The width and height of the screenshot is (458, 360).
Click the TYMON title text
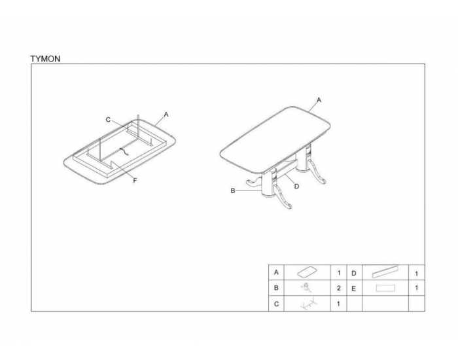coord(45,59)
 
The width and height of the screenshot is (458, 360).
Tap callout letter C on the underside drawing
coord(108,120)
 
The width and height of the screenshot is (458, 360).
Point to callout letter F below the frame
coord(135,181)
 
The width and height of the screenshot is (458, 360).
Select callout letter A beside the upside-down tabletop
coord(166,115)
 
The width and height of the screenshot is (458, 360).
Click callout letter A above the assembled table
coord(319,100)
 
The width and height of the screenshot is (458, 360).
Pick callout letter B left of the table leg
coord(233,191)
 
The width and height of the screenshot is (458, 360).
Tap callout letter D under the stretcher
coord(296,186)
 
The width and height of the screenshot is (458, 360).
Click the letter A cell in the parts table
coord(276,273)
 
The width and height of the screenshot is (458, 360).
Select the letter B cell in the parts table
coord(276,288)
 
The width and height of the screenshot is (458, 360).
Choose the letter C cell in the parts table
coord(276,304)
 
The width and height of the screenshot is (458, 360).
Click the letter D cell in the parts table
coord(354,273)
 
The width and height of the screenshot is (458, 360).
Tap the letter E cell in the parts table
coord(353,289)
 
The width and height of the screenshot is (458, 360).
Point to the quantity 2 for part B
coord(338,288)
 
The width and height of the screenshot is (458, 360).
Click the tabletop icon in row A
coord(306,272)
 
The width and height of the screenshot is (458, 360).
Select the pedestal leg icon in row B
coord(306,287)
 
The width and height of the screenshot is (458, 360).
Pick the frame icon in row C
coord(308,303)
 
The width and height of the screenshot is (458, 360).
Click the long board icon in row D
coord(385,272)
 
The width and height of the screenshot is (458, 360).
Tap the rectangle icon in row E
coord(385,288)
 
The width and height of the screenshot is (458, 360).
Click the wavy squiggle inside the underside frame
coord(124,151)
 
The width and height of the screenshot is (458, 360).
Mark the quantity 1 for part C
coord(338,304)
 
